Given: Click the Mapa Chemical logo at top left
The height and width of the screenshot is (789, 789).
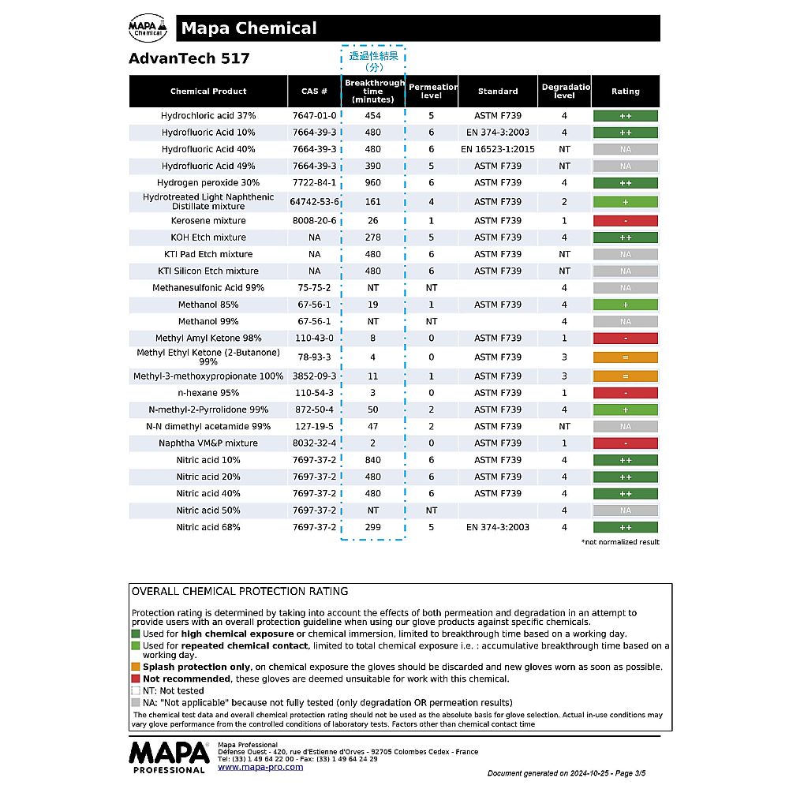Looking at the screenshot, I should pyautogui.click(x=148, y=28).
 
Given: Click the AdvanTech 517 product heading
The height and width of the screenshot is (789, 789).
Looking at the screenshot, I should pyautogui.click(x=189, y=58).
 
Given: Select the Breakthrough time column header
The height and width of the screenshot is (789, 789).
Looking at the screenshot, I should pyautogui.click(x=373, y=92).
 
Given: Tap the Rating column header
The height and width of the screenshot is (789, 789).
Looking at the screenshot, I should pyautogui.click(x=625, y=92).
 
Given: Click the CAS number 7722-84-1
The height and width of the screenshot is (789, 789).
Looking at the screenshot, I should pyautogui.click(x=314, y=183).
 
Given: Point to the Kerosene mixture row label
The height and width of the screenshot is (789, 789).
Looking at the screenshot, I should pyautogui.click(x=208, y=221).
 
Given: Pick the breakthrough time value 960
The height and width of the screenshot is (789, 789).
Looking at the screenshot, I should pyautogui.click(x=373, y=183).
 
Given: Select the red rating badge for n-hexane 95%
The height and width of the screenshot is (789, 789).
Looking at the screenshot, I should pyautogui.click(x=625, y=393).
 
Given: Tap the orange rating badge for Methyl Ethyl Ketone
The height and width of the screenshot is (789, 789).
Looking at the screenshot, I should pyautogui.click(x=625, y=357).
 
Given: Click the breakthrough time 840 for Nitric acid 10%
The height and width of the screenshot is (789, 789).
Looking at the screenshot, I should pyautogui.click(x=373, y=460).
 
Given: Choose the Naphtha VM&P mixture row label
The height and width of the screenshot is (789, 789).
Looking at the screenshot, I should pyautogui.click(x=208, y=443).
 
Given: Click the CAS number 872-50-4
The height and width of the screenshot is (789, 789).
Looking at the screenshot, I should pyautogui.click(x=314, y=410).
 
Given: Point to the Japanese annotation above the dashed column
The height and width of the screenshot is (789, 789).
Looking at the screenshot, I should pyautogui.click(x=373, y=61).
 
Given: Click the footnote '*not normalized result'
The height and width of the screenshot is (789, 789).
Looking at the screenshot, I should pyautogui.click(x=620, y=542).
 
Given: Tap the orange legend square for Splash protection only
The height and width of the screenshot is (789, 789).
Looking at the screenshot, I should pyautogui.click(x=136, y=667).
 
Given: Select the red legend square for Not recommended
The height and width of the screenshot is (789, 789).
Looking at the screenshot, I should pyautogui.click(x=136, y=679).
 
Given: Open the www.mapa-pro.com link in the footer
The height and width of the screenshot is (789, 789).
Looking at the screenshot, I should pyautogui.click(x=260, y=767).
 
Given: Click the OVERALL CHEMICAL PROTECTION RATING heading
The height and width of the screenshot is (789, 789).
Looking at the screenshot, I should pyautogui.click(x=240, y=592).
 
